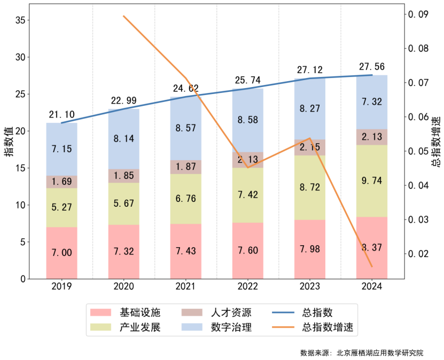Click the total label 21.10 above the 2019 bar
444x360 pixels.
tap(61, 115)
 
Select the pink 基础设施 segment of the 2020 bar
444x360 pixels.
tap(124, 251)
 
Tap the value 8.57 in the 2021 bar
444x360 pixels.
tap(185, 128)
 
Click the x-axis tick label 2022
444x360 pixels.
tap(247, 287)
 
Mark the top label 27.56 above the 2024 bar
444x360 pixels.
tap(371, 67)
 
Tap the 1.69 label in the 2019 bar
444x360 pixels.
tap(61, 182)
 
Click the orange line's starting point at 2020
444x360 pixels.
tap(123, 16)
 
